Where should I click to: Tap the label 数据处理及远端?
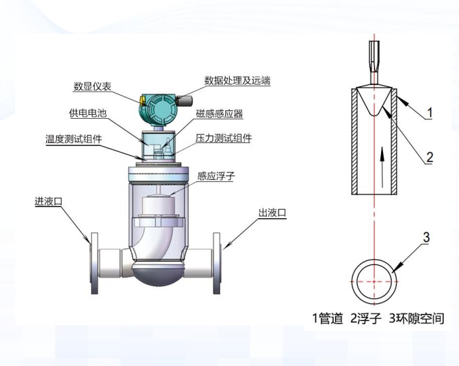pos(237,80)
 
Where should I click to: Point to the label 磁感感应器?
pos(219,115)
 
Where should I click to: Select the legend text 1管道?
pos(328,319)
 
